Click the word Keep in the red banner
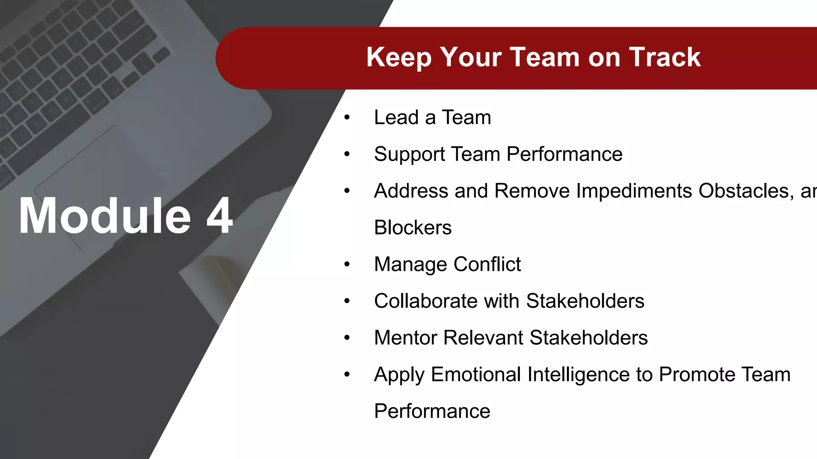[x=399, y=57]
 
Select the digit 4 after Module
[x=219, y=216]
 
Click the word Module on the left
[x=105, y=216]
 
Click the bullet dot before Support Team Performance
[x=347, y=154]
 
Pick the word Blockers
[x=412, y=228]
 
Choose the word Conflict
[x=487, y=264]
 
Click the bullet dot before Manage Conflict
[x=347, y=264]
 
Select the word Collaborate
[x=426, y=301]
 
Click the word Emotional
[x=476, y=375]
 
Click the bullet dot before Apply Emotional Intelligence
[x=347, y=375]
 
